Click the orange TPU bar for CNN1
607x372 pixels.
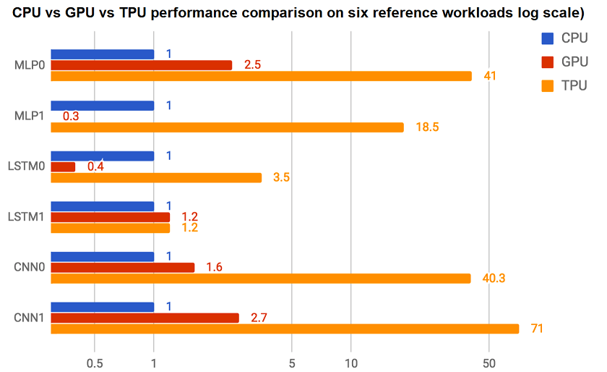coord(285,329)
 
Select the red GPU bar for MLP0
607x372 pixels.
coord(142,65)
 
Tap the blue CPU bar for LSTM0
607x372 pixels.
coord(103,156)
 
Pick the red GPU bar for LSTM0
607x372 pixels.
coord(63,166)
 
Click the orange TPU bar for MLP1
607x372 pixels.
coord(227,127)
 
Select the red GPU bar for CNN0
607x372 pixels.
coord(123,267)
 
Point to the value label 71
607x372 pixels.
coord(536,329)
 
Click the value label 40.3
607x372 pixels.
coord(494,279)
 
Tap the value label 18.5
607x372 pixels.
coord(427,127)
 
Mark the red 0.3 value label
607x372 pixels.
coord(71,116)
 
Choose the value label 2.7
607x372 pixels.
coord(259,318)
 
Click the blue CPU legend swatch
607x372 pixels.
coord(547,38)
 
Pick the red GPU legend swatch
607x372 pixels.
coord(547,62)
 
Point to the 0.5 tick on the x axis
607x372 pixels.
coord(95,363)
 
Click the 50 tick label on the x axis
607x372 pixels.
coord(488,363)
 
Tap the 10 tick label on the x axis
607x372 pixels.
coord(350,363)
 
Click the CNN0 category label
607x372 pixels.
coord(30,268)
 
